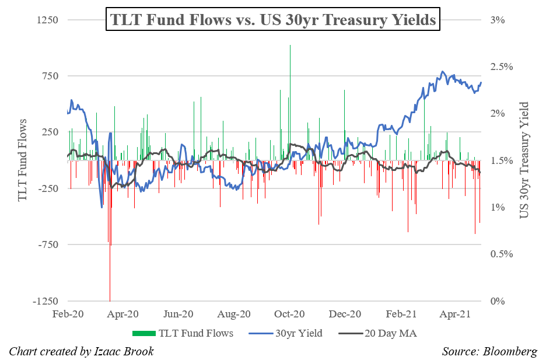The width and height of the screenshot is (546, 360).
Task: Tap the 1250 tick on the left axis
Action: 48,20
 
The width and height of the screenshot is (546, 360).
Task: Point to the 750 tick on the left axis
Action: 50,76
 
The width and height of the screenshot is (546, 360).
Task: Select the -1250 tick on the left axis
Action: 47,302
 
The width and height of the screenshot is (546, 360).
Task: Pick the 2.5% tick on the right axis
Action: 501,67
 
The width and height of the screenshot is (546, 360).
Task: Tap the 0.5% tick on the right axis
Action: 501,254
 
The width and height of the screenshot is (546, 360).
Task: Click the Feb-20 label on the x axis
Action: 68,314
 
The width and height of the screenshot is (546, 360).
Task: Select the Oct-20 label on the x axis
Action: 289,314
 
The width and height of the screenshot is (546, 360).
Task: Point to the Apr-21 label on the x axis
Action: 456,314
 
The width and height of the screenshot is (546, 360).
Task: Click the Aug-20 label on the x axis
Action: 234,314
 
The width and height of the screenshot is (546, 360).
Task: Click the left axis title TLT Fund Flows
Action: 24,160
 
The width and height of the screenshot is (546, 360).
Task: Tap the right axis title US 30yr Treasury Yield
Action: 524,160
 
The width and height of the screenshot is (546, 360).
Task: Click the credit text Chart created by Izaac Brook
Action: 82,351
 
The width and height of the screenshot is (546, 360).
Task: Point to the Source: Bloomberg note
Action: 489,351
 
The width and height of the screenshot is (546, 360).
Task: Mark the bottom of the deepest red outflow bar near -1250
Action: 110,300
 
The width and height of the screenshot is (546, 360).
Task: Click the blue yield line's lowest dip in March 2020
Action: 101,206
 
